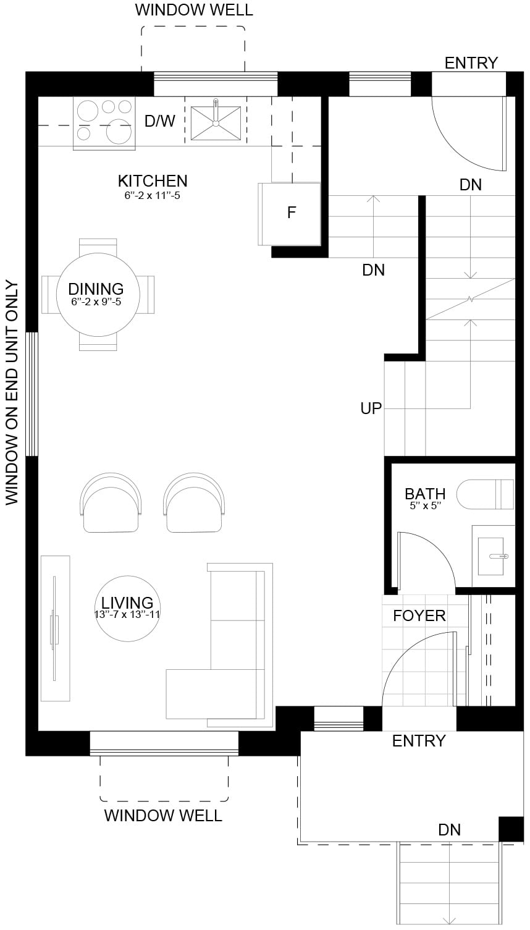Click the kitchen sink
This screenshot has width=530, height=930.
pyautogui.click(x=216, y=123)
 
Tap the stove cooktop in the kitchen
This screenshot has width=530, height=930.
pyautogui.click(x=104, y=124)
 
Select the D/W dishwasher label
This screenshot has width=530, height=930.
pyautogui.click(x=160, y=121)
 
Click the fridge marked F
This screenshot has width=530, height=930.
pyautogui.click(x=289, y=214)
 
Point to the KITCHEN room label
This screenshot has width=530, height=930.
pyautogui.click(x=153, y=181)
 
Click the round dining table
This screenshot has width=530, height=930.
pyautogui.click(x=98, y=294)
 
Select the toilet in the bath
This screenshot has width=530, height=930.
pyautogui.click(x=485, y=494)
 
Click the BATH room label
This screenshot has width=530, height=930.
pyautogui.click(x=425, y=494)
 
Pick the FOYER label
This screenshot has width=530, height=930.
pyautogui.click(x=419, y=615)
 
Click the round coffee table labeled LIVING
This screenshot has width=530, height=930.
pyautogui.click(x=127, y=608)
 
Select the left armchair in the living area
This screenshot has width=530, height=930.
pyautogui.click(x=111, y=503)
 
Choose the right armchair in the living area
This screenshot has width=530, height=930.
pyautogui.click(x=194, y=503)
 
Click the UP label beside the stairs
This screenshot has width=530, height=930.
pyautogui.click(x=371, y=408)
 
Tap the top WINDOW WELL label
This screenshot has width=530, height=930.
pyautogui.click(x=194, y=10)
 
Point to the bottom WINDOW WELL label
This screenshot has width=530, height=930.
pyautogui.click(x=163, y=816)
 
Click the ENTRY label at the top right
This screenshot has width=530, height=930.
pyautogui.click(x=471, y=63)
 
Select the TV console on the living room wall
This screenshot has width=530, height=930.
pyautogui.click(x=55, y=628)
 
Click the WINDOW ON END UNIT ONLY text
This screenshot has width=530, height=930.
pyautogui.click(x=12, y=393)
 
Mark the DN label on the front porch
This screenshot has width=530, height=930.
pyautogui.click(x=450, y=830)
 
